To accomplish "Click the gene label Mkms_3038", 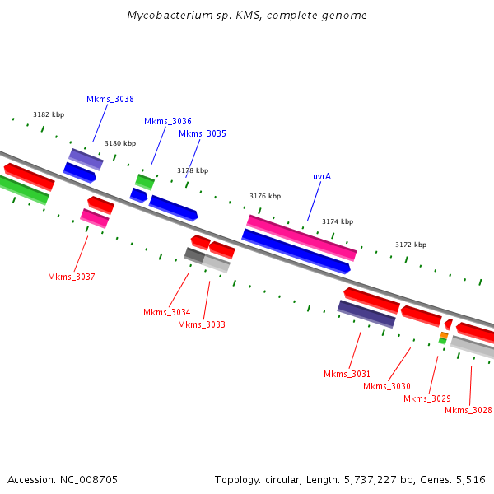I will click(110, 99).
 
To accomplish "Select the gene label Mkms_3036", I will click(168, 121).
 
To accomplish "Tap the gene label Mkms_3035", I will click(203, 133).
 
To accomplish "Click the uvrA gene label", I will click(322, 176).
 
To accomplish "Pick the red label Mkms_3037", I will click(72, 277).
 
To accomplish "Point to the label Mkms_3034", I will click(167, 312).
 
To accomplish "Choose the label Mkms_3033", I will click(202, 324).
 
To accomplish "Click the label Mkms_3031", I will click(347, 374).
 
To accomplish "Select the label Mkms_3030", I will click(387, 386).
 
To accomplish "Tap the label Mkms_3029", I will click(427, 398).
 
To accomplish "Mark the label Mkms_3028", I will click(468, 410).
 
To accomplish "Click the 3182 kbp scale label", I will click(49, 114).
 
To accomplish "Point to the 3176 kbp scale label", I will click(265, 196).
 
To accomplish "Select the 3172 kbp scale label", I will click(411, 245).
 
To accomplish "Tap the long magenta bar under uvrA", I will click(301, 237).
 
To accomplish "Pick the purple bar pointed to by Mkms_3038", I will click(86, 159).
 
